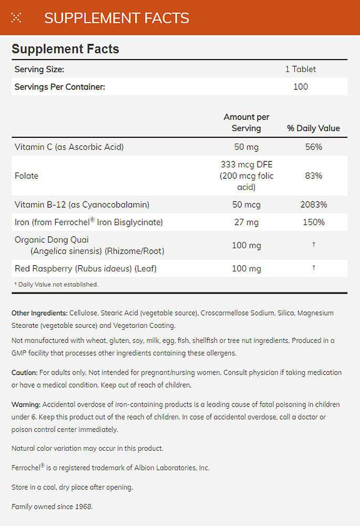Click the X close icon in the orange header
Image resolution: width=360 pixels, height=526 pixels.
(16, 18)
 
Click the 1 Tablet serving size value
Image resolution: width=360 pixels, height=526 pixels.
(301, 69)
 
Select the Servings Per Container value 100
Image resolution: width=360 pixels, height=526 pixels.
(301, 87)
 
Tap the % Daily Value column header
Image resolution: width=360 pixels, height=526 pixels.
(313, 128)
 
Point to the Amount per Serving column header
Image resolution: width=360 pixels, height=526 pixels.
(246, 123)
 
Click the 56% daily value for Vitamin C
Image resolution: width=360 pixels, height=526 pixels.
(313, 147)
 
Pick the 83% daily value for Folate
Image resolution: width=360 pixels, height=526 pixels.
(313, 176)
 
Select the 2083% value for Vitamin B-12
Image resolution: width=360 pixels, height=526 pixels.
(313, 205)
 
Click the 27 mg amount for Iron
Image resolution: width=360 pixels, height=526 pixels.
(246, 222)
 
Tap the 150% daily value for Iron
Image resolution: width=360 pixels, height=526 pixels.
(313, 222)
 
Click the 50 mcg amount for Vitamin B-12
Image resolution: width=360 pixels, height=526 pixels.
(246, 205)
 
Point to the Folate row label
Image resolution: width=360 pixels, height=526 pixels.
(27, 176)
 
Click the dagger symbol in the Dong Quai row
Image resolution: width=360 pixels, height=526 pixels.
(314, 245)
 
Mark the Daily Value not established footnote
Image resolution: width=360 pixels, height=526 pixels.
(56, 284)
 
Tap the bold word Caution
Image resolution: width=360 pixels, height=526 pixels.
(24, 372)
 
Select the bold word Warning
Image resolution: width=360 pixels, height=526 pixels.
(26, 404)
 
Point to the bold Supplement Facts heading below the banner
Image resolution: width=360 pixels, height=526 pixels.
(65, 49)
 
